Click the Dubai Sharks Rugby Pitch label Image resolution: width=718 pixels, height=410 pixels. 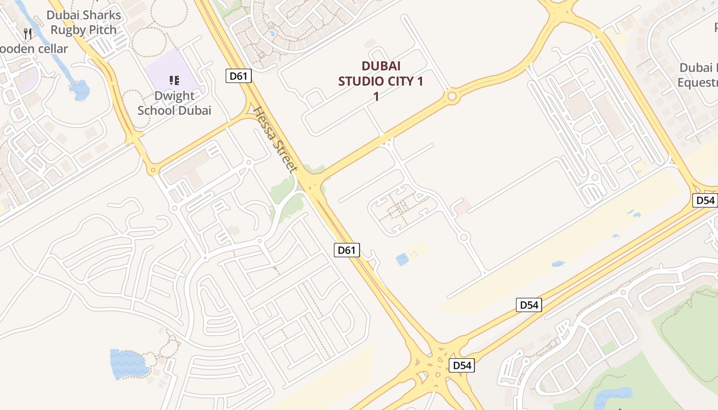pyautogui.click(x=84, y=23)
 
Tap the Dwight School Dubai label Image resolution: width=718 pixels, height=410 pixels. pyautogui.click(x=174, y=103)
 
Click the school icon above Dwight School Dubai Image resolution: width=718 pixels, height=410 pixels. pyautogui.click(x=174, y=80)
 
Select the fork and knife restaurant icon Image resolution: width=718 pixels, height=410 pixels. pyautogui.click(x=28, y=34)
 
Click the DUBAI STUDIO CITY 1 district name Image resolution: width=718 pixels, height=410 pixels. pyautogui.click(x=381, y=73)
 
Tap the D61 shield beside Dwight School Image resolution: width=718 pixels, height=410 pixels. pyautogui.click(x=238, y=76)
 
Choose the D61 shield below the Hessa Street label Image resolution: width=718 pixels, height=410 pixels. pyautogui.click(x=347, y=250)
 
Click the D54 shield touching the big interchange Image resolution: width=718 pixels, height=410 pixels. pyautogui.click(x=461, y=365)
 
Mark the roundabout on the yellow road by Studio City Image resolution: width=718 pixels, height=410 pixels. pyautogui.click(x=452, y=96)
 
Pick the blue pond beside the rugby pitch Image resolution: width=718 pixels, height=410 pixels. pyautogui.click(x=81, y=91)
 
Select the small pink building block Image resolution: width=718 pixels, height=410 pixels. pyautogui.click(x=461, y=208)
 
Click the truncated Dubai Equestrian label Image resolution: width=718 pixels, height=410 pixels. pyautogui.click(x=697, y=75)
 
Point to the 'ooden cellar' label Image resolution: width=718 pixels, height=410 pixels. pyautogui.click(x=34, y=49)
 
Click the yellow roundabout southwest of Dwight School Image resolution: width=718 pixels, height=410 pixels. pyautogui.click(x=153, y=170)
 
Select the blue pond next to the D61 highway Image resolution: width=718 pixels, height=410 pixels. pyautogui.click(x=402, y=259)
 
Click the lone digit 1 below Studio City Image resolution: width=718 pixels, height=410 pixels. pyautogui.click(x=376, y=96)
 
